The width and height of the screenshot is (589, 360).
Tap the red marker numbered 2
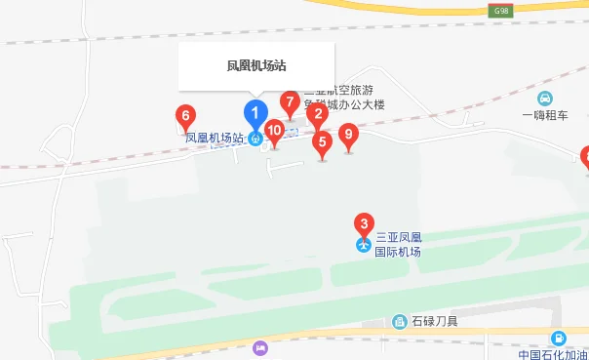coord(316,113)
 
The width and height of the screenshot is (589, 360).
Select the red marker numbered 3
coord(364,224)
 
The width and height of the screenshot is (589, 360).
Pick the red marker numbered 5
coord(322,142)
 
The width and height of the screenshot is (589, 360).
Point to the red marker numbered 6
coord(185,116)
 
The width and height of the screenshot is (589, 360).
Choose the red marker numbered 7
coord(290,101)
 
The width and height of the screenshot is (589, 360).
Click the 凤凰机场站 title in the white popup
coord(255,66)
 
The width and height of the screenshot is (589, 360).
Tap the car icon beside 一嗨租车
coord(544,98)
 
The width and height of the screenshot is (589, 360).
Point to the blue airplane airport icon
coord(364,244)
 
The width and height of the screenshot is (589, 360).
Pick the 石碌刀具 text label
coord(433,322)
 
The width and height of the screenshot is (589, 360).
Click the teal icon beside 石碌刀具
coord(399,322)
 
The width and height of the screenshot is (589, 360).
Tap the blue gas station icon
coord(557,339)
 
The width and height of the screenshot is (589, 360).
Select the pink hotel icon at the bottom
coord(259,348)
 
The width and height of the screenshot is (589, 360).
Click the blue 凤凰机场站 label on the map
coord(214,139)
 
